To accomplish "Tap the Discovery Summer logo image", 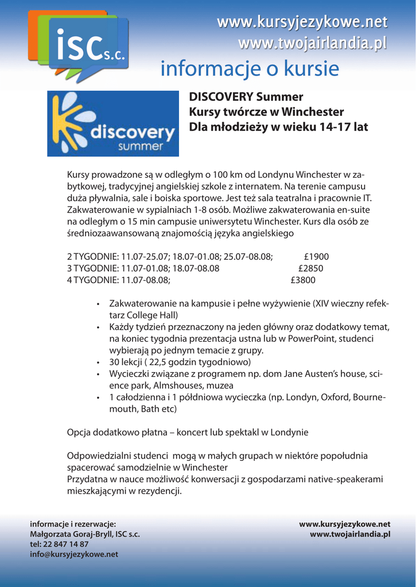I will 112,123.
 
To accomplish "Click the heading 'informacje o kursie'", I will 250,69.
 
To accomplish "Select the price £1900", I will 316,257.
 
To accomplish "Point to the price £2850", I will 310,268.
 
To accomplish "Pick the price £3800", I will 303,280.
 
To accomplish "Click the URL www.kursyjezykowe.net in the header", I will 302,23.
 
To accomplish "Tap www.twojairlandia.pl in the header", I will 312,44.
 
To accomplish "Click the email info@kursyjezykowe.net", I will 74,554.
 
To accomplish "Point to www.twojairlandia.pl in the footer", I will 350,534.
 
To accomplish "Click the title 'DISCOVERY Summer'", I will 246,97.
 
